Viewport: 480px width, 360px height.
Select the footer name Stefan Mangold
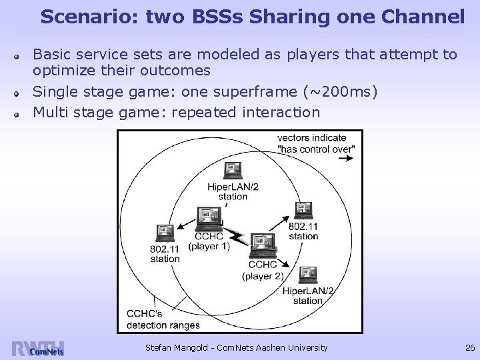[x=175, y=347]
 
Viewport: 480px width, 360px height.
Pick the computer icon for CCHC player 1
[x=208, y=217]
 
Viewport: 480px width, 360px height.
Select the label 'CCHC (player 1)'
[x=209, y=241]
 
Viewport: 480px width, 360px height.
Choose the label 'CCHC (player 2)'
[x=262, y=271]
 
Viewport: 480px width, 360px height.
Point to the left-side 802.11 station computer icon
[x=163, y=233]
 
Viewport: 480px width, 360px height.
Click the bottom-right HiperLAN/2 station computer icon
[x=307, y=274]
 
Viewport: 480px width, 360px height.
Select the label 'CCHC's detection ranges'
[x=163, y=319]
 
